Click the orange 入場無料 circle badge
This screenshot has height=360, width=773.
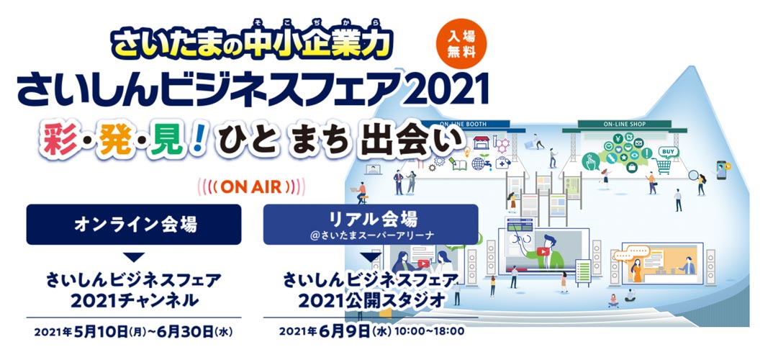462,44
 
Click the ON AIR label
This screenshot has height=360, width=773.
251,186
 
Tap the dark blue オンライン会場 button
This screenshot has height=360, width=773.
134,225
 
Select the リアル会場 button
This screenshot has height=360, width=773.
371,225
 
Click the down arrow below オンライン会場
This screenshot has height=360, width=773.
134,257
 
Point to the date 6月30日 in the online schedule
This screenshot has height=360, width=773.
185,331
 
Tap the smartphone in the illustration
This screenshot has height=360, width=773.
722,171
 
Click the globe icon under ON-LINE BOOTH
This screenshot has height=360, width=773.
478,163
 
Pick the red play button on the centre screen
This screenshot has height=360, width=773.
543,251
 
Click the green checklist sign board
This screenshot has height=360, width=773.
583,271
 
